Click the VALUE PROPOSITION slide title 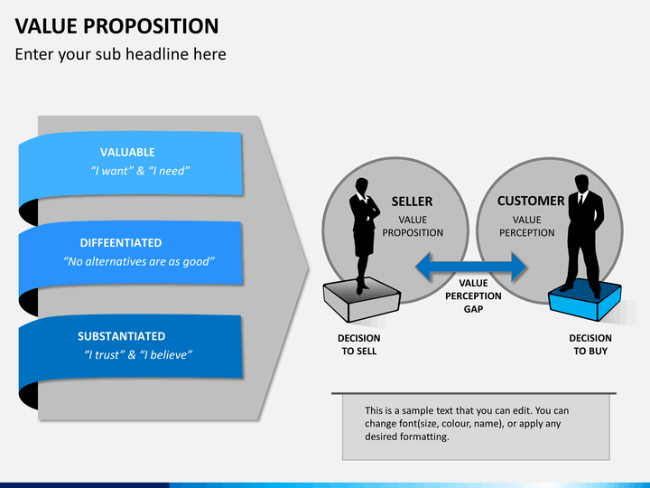(116, 26)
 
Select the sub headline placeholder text (121, 54)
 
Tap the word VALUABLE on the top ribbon (127, 153)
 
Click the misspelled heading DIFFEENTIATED (121, 243)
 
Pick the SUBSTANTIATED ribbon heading (122, 336)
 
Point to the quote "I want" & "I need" (140, 171)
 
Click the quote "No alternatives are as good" (139, 261)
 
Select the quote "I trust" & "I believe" (138, 355)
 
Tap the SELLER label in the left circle (412, 202)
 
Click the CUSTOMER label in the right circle (531, 201)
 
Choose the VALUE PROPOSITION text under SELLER (413, 226)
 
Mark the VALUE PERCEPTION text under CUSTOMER (527, 226)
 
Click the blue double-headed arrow (471, 267)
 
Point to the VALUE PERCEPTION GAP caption (473, 296)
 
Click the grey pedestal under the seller (361, 300)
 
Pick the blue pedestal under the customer (584, 301)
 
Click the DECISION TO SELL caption (359, 344)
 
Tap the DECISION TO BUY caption (590, 344)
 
